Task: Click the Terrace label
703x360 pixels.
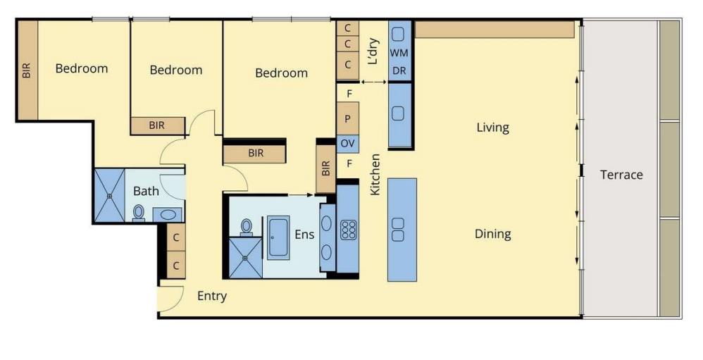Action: click(x=621, y=175)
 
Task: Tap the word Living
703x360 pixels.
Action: click(x=492, y=128)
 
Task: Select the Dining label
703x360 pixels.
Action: click(x=492, y=234)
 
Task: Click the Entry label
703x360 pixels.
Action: click(x=211, y=296)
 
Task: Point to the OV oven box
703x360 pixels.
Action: click(x=348, y=144)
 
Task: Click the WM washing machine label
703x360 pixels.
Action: click(x=399, y=53)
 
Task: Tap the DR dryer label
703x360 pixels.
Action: click(x=399, y=71)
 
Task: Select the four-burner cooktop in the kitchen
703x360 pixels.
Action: click(x=348, y=230)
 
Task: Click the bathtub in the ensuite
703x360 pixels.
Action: click(x=278, y=237)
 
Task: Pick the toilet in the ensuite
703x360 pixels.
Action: click(x=246, y=227)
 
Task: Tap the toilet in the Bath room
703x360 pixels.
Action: click(x=139, y=213)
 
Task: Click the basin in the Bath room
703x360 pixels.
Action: click(x=168, y=214)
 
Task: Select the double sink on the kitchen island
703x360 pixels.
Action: click(x=398, y=230)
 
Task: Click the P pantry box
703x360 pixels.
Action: click(x=348, y=118)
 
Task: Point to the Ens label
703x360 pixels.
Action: click(x=304, y=235)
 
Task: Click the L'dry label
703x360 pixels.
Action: click(x=373, y=51)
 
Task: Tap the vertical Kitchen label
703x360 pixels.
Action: click(x=375, y=175)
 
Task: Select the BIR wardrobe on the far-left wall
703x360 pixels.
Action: click(x=27, y=70)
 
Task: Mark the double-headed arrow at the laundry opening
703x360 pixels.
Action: click(x=373, y=82)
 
